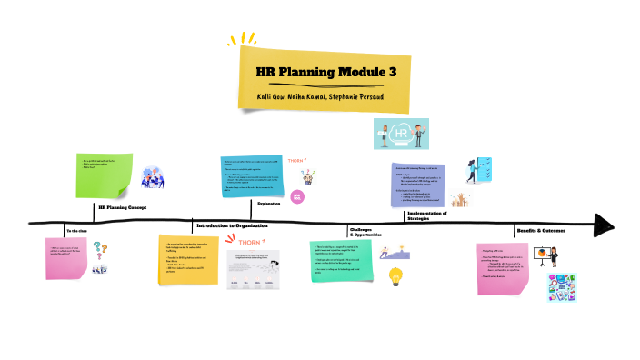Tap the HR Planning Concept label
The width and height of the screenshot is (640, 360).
pos(123,207)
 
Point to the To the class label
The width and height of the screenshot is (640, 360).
pos(79,231)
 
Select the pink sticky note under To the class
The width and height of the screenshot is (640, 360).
pos(68,259)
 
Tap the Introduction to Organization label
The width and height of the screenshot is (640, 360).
pos(235,225)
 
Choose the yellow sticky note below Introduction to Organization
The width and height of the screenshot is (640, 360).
pos(188,261)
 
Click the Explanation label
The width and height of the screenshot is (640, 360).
pos(269,204)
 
